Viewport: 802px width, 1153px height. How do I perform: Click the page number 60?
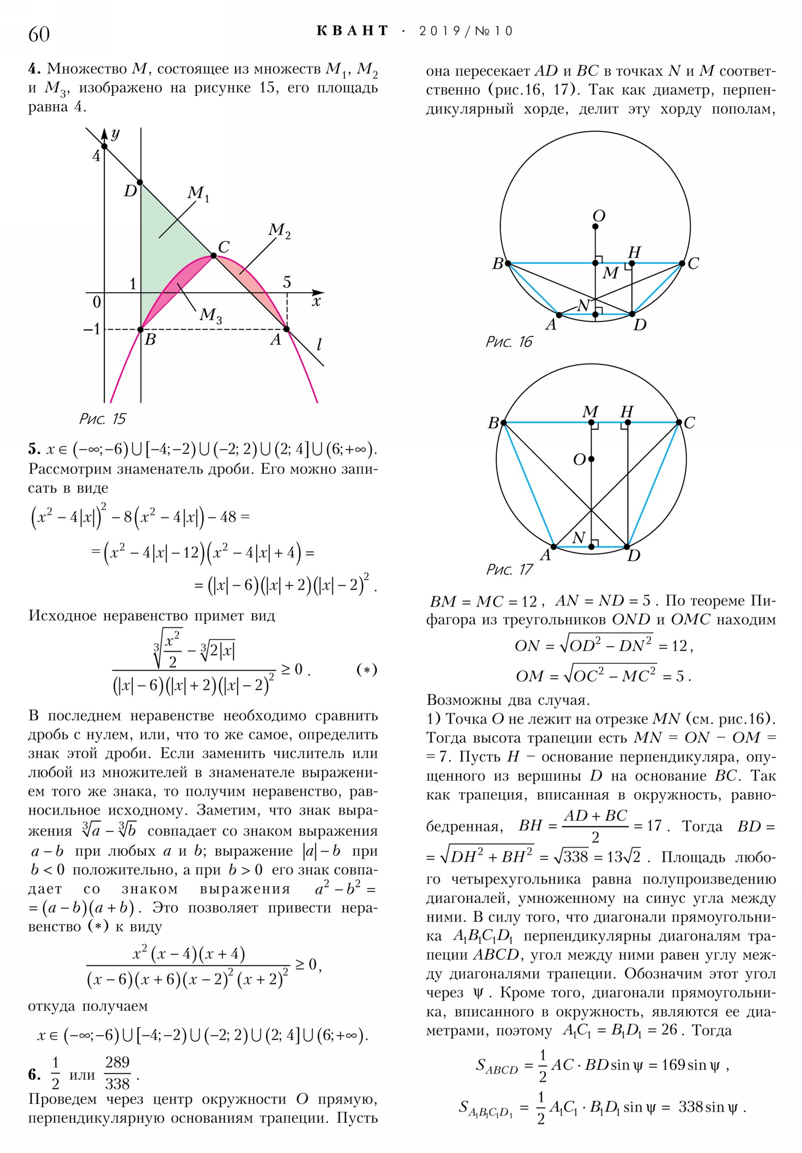coord(39,34)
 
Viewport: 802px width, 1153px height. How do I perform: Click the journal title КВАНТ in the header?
coord(352,31)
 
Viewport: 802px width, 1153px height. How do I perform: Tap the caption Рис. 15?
coord(102,418)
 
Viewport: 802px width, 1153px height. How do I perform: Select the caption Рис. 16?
coord(508,342)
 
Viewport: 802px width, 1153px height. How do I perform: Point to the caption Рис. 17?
coord(509,569)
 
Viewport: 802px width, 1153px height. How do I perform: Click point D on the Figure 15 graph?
coord(140,182)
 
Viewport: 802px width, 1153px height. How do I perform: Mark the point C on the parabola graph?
coord(214,256)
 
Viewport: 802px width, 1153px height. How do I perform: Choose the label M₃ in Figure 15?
coord(211,315)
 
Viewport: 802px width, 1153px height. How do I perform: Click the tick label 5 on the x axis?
coord(287,282)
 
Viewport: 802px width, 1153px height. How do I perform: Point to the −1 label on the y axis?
coord(91,329)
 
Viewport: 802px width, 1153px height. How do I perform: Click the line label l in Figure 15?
coord(319,344)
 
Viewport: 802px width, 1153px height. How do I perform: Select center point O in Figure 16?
coord(595,227)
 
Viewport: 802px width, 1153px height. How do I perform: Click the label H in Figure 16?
coord(634,252)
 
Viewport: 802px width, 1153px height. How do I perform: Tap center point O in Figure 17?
coord(591,459)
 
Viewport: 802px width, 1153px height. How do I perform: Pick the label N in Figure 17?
coord(578,538)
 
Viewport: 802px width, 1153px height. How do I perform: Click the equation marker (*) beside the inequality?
coord(366,669)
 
